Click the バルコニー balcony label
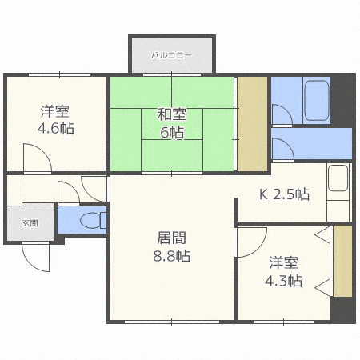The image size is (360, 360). coord(172,56)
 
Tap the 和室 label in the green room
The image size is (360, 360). coord(172,114)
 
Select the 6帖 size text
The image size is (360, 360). coord(172,133)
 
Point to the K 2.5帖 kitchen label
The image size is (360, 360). coord(285,194)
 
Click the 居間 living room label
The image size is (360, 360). coord(172,238)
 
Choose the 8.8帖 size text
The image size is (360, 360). coord(172,257)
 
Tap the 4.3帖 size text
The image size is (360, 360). coord(283,281)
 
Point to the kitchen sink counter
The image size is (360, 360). coord(338,192)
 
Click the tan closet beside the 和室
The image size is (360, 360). coord(252,123)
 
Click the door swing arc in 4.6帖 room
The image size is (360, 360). coord(35,156)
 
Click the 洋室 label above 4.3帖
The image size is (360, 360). coord(283,262)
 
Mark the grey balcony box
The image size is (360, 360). coord(172,54)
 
